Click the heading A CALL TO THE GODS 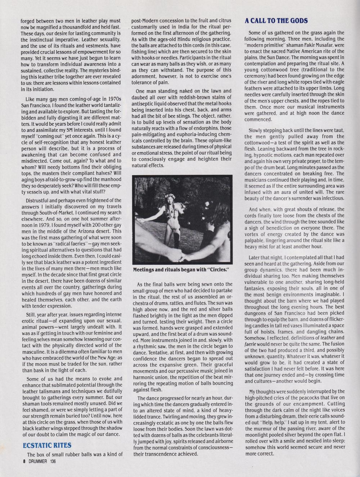click(276, 21)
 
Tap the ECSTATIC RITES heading click(47, 445)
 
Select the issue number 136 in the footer click(53, 461)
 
